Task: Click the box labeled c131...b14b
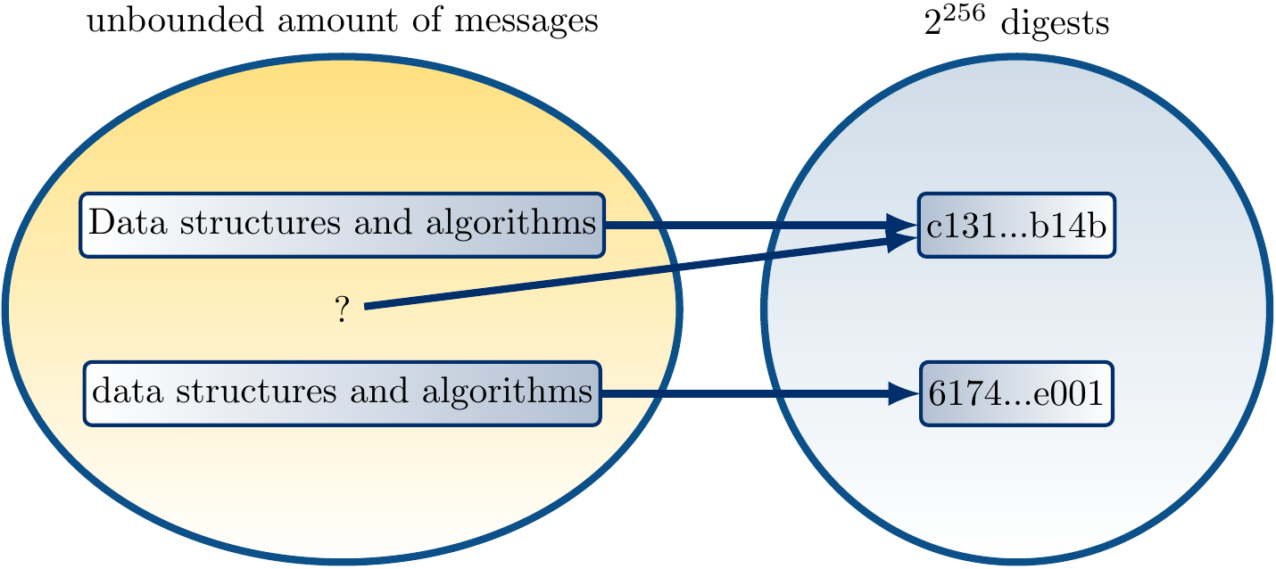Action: (x=1016, y=226)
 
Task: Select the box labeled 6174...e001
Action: (x=1016, y=393)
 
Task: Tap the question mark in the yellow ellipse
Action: (x=342, y=310)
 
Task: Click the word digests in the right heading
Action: (x=1056, y=24)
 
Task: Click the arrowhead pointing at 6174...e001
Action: (x=903, y=393)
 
